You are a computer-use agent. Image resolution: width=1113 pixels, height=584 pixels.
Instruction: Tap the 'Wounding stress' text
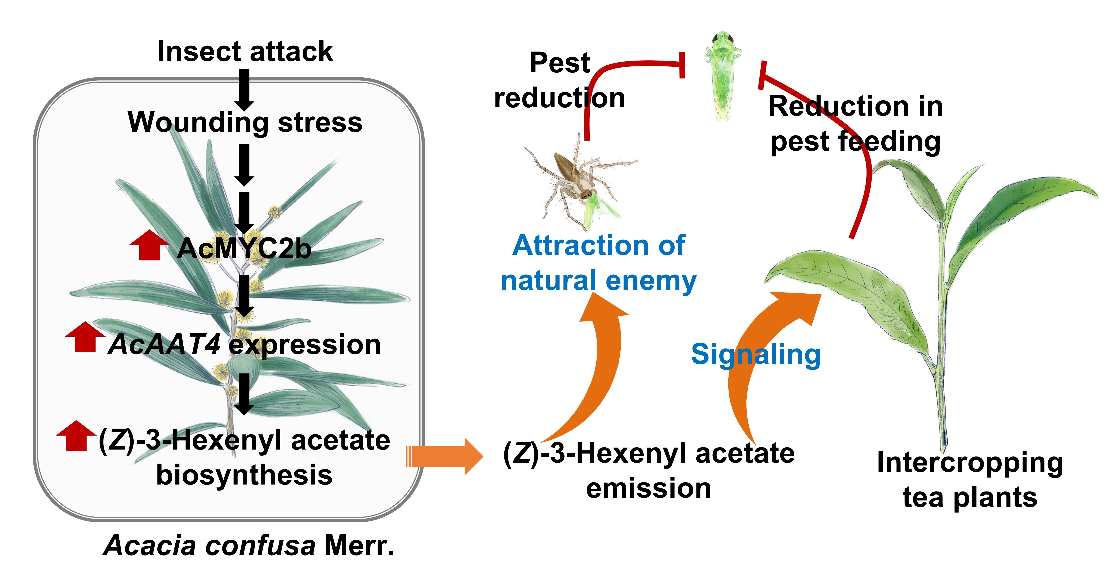coord(245,122)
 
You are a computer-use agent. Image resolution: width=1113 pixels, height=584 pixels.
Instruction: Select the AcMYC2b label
coord(244,249)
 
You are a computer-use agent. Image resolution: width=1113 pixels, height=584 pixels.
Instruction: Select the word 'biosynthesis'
coord(244,475)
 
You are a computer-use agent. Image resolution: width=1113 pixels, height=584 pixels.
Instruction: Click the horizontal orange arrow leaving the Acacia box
coord(445,456)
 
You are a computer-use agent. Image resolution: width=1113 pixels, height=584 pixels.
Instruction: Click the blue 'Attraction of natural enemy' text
coord(598,263)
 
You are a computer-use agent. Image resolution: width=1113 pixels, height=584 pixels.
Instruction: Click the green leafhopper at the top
coord(722,76)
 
